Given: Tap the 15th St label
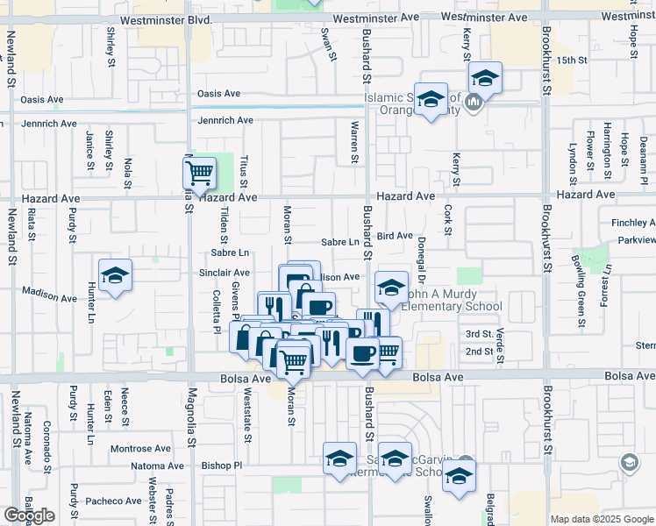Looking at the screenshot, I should point(571,60).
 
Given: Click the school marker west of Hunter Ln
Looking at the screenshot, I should point(115,276).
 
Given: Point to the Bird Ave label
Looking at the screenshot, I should point(395,236).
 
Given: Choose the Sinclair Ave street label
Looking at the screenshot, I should point(225,274).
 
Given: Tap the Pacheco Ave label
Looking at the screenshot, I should point(113,501).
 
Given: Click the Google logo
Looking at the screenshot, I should point(29,515).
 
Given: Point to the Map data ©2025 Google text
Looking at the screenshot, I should point(602,519).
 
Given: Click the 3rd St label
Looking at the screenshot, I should point(479,334).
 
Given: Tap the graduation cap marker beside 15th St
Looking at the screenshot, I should point(484,77).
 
